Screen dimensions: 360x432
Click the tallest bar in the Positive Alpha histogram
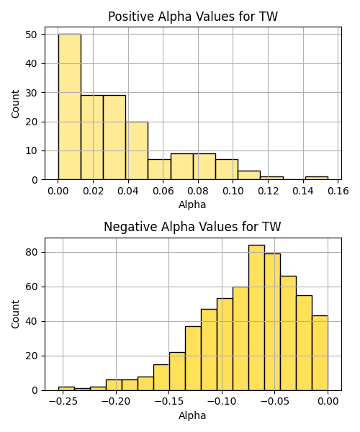point(70,107)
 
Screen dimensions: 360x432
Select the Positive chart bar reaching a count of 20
point(137,150)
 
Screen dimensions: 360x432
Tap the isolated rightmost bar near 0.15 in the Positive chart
point(317,179)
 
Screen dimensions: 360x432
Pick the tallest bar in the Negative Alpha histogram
point(257,318)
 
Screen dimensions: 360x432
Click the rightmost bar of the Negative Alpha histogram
point(320,353)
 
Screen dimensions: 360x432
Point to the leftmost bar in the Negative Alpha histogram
point(66,389)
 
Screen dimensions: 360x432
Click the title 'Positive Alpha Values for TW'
point(193,17)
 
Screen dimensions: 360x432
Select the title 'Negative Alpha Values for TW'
point(192,227)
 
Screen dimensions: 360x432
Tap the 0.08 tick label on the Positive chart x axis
point(198,191)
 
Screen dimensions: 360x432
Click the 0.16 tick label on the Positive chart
point(338,191)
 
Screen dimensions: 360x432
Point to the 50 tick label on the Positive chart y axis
point(31,35)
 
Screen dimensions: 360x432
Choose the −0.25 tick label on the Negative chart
point(63,401)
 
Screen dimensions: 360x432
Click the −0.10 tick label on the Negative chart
point(222,401)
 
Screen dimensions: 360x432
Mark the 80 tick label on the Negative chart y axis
point(31,252)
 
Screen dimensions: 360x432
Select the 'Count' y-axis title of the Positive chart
point(15,104)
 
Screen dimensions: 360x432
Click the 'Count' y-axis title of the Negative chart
point(15,315)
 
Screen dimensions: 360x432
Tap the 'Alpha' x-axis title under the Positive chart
point(192,204)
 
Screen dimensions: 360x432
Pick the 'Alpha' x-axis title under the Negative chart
point(192,415)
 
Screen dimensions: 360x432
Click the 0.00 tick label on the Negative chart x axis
point(328,401)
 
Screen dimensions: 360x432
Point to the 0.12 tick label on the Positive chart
point(269,191)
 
